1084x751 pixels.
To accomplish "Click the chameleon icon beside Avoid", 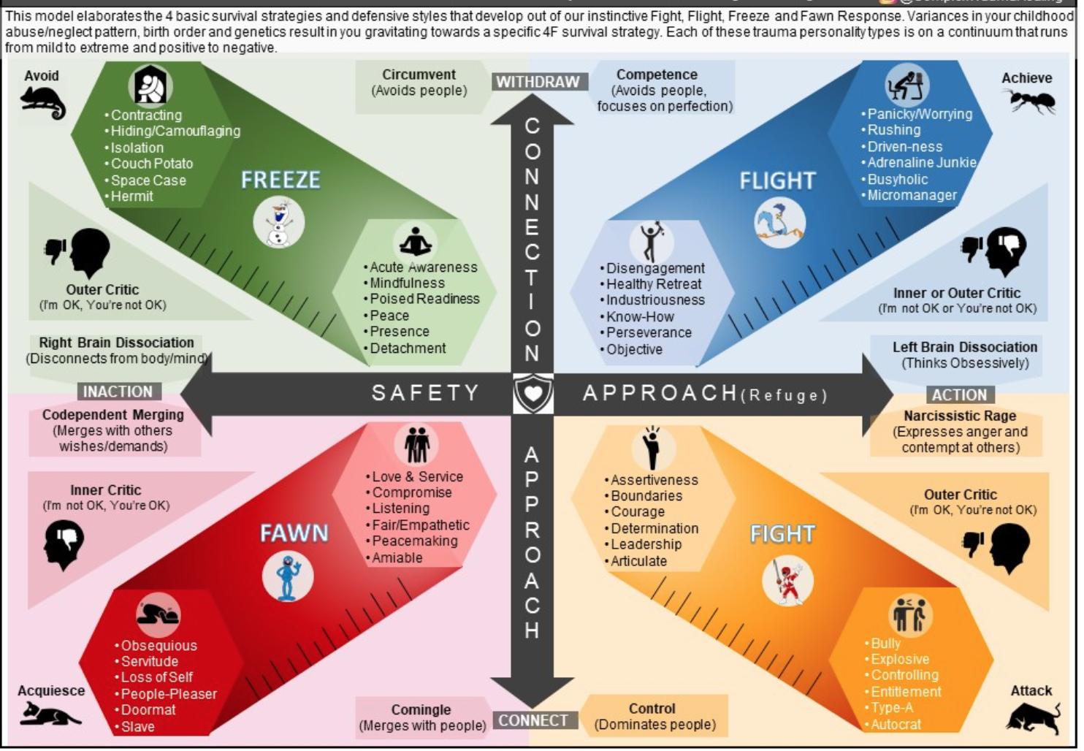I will coord(42,102).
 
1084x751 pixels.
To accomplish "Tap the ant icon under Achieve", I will coord(1031,101).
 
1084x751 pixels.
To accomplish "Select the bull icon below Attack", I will coord(1033,717).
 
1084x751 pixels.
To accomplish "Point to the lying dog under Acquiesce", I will coord(48,714).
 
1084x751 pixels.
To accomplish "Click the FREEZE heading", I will coord(280,180).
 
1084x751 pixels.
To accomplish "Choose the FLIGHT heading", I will coord(777,180).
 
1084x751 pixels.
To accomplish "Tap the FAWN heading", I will coord(294,533).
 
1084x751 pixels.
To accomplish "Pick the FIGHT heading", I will coord(782,534).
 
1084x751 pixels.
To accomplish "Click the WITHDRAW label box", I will coord(538,82).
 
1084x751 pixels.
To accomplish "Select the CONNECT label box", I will coord(533,720).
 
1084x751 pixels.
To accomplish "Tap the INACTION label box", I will coord(118,392).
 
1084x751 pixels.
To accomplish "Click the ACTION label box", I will coord(959,394).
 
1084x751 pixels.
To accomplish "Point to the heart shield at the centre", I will coord(533,393).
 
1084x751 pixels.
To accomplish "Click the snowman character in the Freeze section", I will coord(279,224).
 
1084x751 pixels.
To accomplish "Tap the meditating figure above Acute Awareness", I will coord(416,240).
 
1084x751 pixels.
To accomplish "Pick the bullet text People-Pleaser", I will coord(169,693).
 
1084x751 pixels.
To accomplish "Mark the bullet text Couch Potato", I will coord(152,164).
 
